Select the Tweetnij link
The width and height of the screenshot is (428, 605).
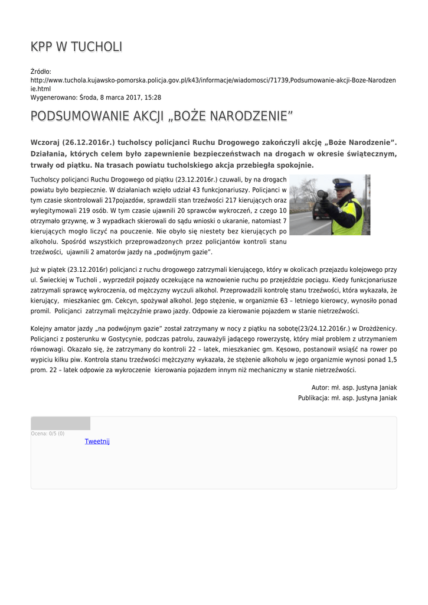click(97, 441)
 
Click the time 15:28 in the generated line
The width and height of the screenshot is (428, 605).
click(152, 97)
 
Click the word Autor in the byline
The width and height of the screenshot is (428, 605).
click(321, 388)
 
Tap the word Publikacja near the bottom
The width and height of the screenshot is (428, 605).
click(313, 398)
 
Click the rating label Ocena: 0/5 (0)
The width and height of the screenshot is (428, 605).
click(48, 434)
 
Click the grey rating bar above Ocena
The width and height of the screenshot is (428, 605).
click(60, 423)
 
